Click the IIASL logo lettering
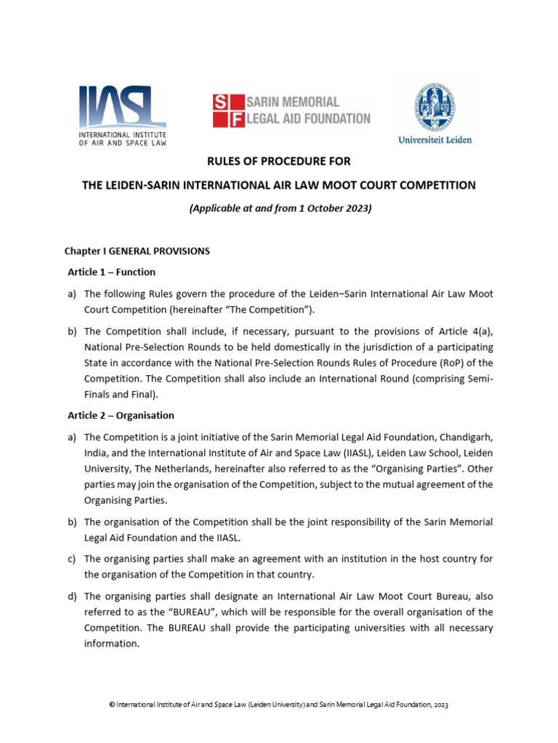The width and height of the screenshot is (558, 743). pyautogui.click(x=122, y=107)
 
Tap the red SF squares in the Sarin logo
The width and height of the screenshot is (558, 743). pyautogui.click(x=228, y=111)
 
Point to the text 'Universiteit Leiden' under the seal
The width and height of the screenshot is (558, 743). pyautogui.click(x=434, y=139)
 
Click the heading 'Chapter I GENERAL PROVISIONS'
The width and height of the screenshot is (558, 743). pyautogui.click(x=137, y=251)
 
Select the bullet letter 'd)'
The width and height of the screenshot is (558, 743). pyautogui.click(x=71, y=596)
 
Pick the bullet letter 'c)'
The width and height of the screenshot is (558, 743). pyautogui.click(x=71, y=559)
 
